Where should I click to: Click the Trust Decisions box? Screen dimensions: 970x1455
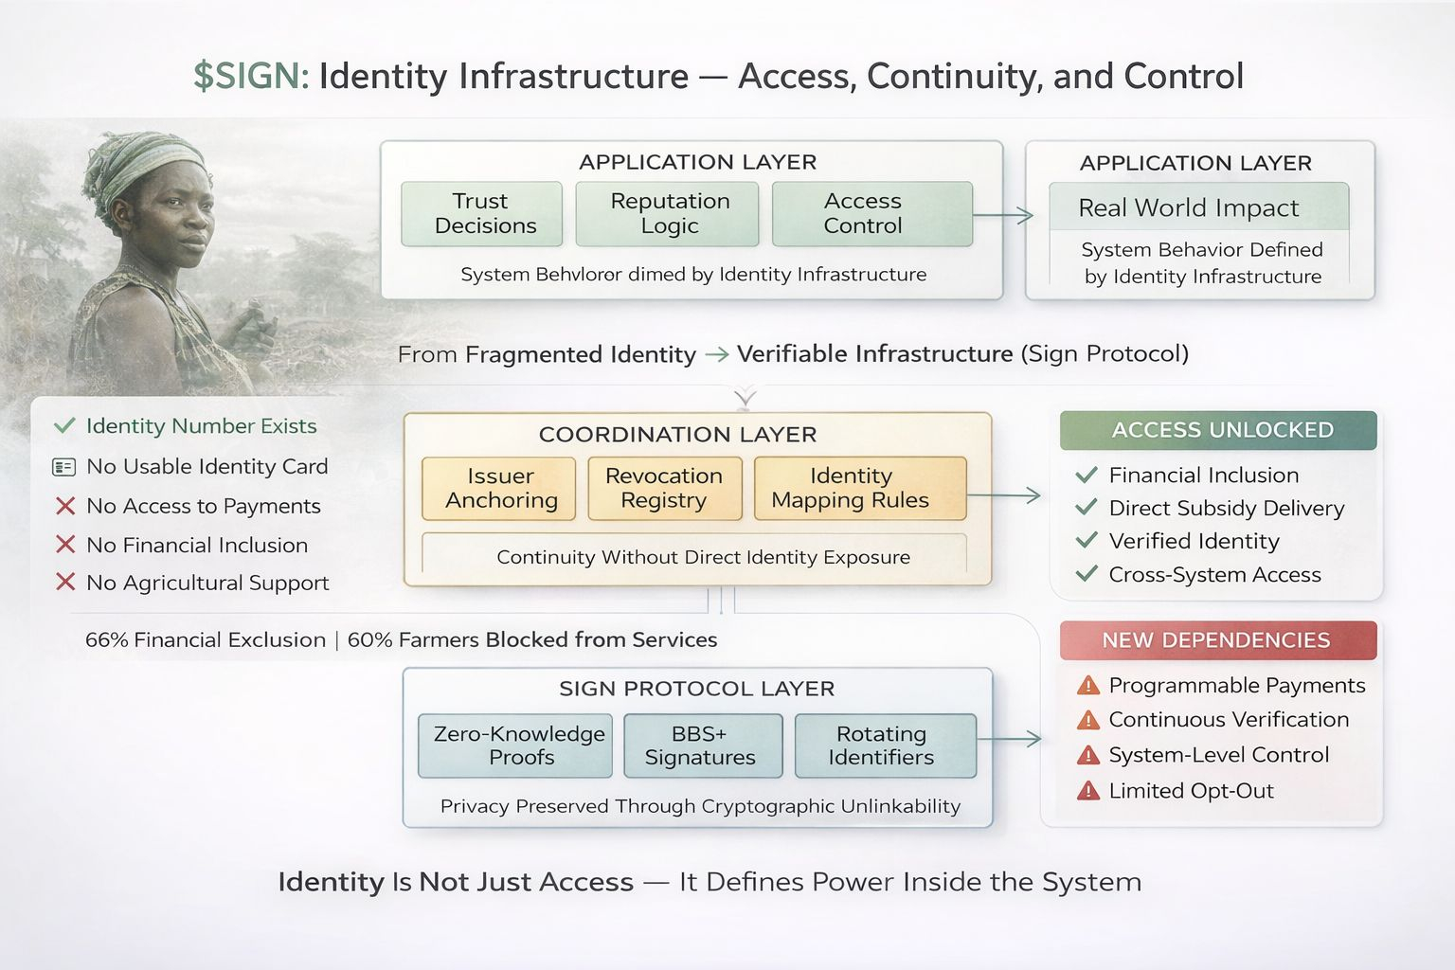pos(481,214)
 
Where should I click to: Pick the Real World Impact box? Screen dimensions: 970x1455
pos(1198,207)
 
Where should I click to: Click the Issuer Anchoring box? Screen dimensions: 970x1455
pos(499,489)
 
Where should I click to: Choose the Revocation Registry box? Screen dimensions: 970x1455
pos(663,489)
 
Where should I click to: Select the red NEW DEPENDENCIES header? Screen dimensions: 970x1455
pos(1218,640)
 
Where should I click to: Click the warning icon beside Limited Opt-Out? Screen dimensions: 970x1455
pos(1088,790)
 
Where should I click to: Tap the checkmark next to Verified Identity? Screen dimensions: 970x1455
pos(1087,541)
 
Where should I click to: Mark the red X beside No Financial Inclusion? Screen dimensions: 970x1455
pos(65,545)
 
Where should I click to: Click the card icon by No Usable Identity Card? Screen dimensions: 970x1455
pos(64,467)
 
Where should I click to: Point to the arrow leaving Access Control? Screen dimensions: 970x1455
pos(1004,216)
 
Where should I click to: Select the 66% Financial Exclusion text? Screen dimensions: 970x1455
pos(205,640)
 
